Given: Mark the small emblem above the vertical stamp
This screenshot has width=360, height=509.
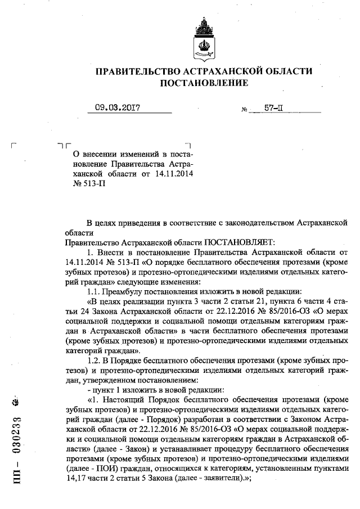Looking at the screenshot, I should tap(16, 403).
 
